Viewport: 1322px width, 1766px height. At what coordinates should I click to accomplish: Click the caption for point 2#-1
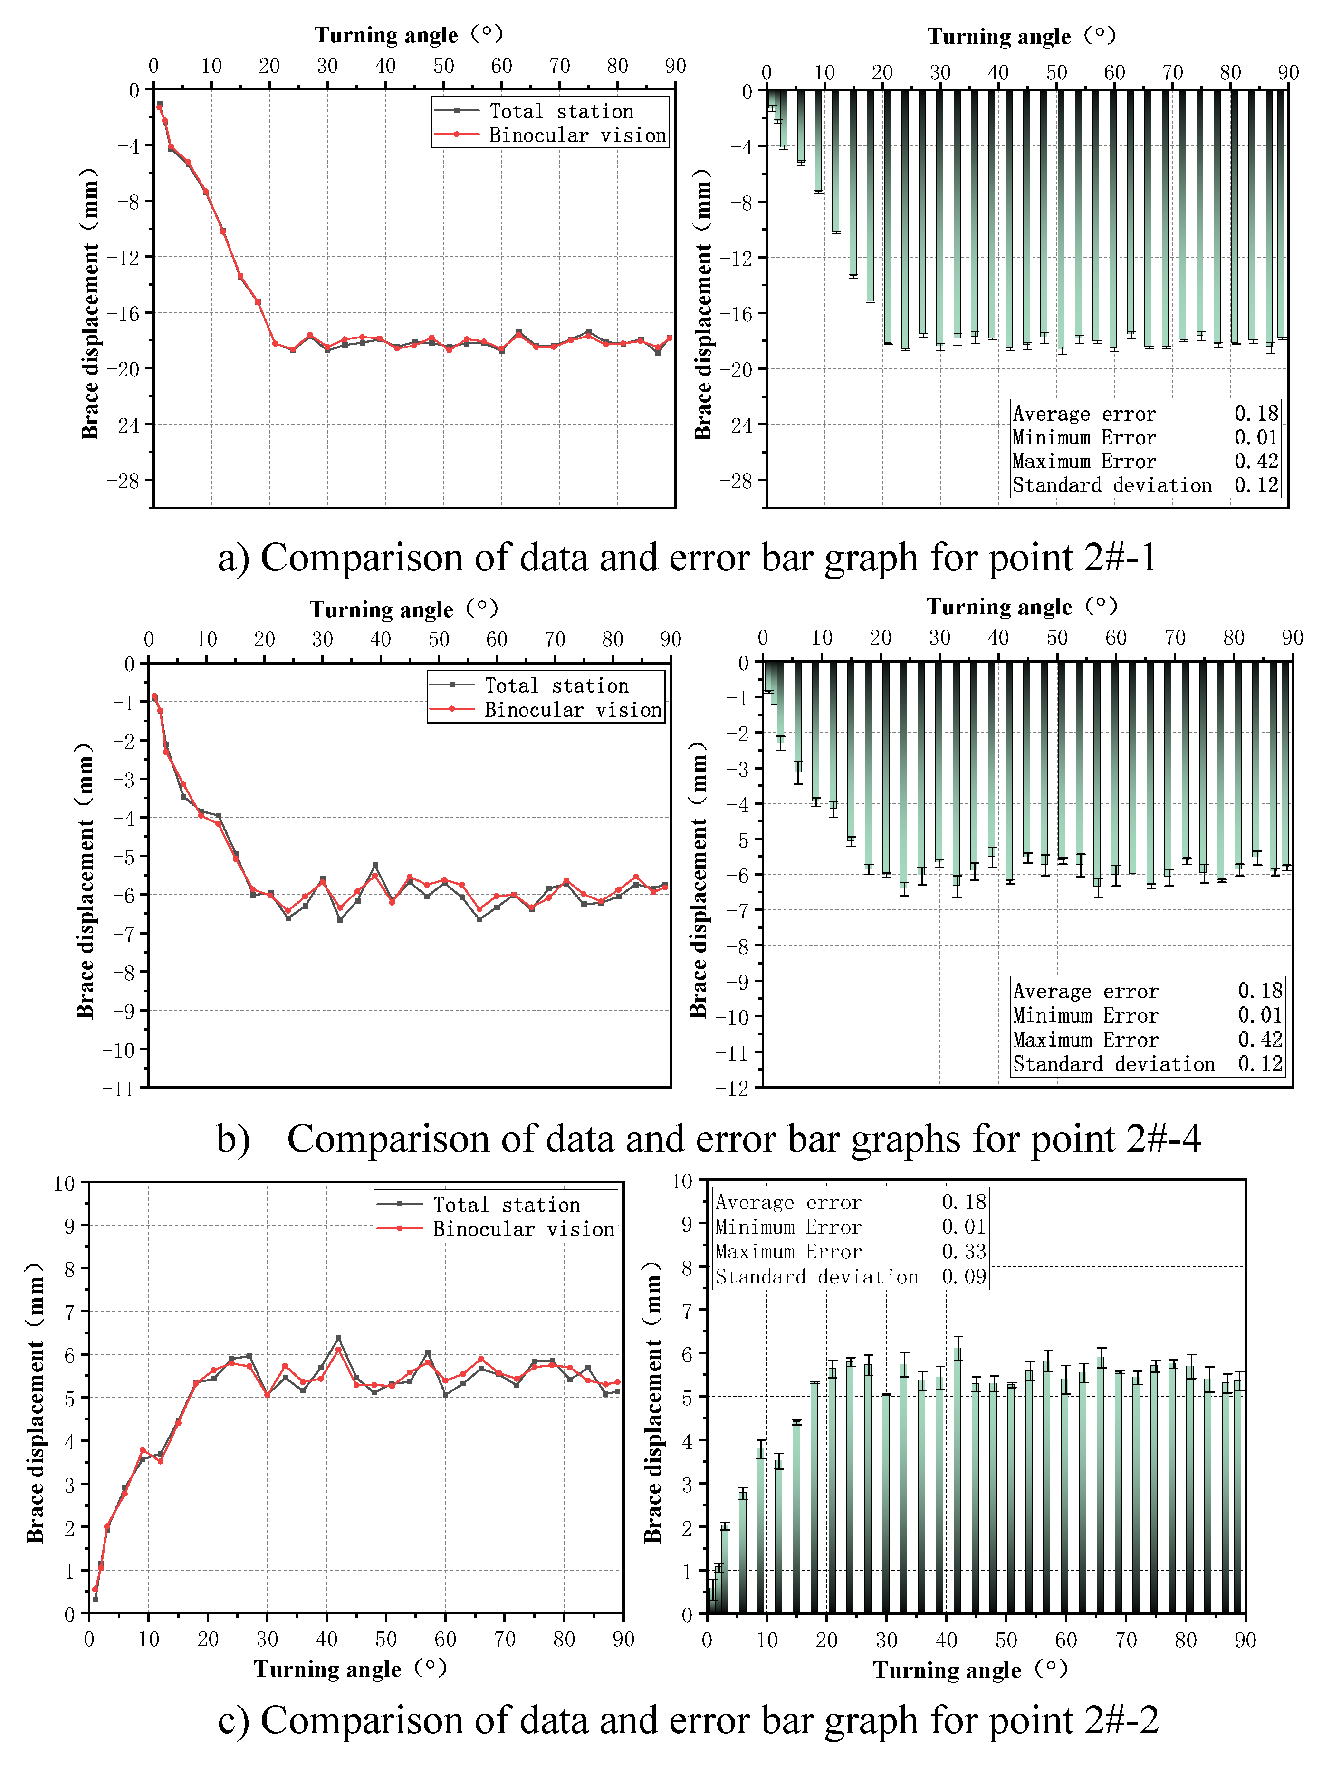[x=687, y=557]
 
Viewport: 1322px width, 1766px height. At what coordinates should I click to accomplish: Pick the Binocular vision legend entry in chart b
[x=572, y=710]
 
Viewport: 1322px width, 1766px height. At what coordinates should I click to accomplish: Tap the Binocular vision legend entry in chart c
[x=523, y=1229]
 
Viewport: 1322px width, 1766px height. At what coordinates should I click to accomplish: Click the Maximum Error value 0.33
[x=964, y=1252]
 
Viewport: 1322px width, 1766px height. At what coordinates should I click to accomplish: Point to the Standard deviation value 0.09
[x=964, y=1276]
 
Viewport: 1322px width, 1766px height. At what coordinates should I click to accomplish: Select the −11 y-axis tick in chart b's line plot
[x=118, y=1089]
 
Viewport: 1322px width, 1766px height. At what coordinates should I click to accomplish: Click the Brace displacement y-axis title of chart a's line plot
[x=89, y=303]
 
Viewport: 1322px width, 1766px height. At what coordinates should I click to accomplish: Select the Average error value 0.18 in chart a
[x=1256, y=414]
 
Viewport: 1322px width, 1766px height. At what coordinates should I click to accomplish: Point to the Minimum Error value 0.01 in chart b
[x=1260, y=1015]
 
